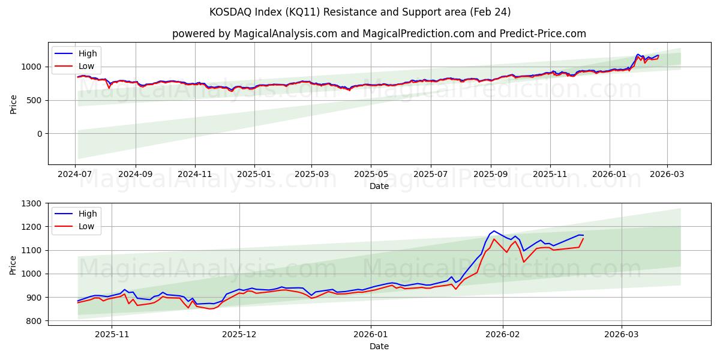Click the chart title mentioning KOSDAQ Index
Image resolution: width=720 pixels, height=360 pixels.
tap(360, 12)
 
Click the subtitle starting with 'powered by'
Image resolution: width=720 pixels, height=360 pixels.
tap(379, 34)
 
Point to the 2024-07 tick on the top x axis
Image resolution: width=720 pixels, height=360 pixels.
tap(76, 174)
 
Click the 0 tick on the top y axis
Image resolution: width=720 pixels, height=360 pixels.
tap(40, 134)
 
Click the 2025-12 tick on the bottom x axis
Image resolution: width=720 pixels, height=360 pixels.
tap(239, 334)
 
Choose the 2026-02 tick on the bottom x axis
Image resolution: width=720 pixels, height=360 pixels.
tap(502, 334)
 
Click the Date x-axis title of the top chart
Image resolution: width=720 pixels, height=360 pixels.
tap(379, 186)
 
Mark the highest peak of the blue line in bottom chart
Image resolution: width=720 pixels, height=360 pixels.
tap(493, 230)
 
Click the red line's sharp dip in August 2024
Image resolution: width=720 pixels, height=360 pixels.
tap(109, 88)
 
